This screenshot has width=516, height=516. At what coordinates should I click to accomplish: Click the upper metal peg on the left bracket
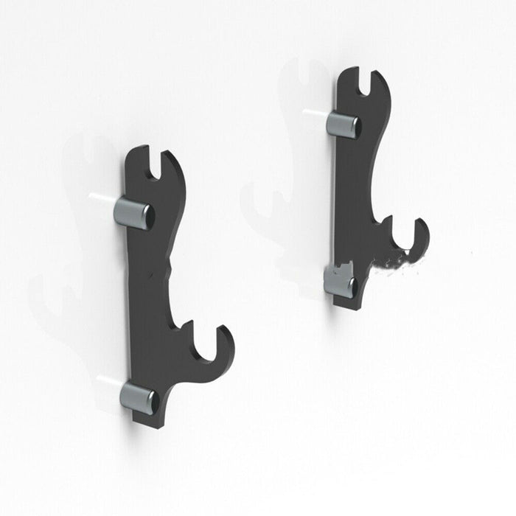click(133, 213)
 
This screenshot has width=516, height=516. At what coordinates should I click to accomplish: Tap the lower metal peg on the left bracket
click(139, 397)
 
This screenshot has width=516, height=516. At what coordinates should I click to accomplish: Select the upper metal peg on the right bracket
click(344, 124)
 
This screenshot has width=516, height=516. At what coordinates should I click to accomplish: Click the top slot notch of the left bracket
click(156, 164)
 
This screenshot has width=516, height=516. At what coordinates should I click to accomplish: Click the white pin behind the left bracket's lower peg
click(108, 381)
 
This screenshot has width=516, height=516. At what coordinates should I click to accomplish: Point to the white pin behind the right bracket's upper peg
click(314, 113)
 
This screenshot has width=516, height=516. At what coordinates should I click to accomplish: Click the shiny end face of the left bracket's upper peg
click(148, 217)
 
